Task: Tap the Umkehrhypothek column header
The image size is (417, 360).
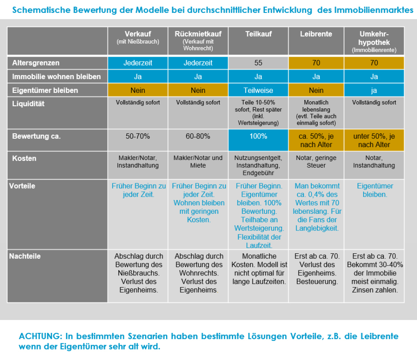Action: click(x=374, y=41)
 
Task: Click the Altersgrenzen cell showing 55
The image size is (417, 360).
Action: click(x=258, y=63)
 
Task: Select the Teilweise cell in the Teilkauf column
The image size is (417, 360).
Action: click(x=258, y=90)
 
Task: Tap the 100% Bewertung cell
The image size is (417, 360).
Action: click(x=258, y=140)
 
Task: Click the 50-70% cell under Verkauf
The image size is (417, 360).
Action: click(x=138, y=140)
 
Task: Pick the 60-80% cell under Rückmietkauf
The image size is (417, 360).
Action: click(x=198, y=140)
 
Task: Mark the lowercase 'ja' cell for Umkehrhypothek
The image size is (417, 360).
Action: click(x=374, y=90)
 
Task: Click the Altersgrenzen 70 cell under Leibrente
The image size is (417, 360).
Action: click(x=316, y=63)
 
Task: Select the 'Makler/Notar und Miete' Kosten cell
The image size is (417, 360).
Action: click(x=198, y=165)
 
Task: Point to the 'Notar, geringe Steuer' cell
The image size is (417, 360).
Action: click(x=316, y=165)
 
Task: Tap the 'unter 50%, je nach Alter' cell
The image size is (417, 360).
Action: click(x=374, y=140)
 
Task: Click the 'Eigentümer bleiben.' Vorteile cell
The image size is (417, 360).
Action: click(x=374, y=215)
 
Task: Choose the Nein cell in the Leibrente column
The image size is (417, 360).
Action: click(x=316, y=90)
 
